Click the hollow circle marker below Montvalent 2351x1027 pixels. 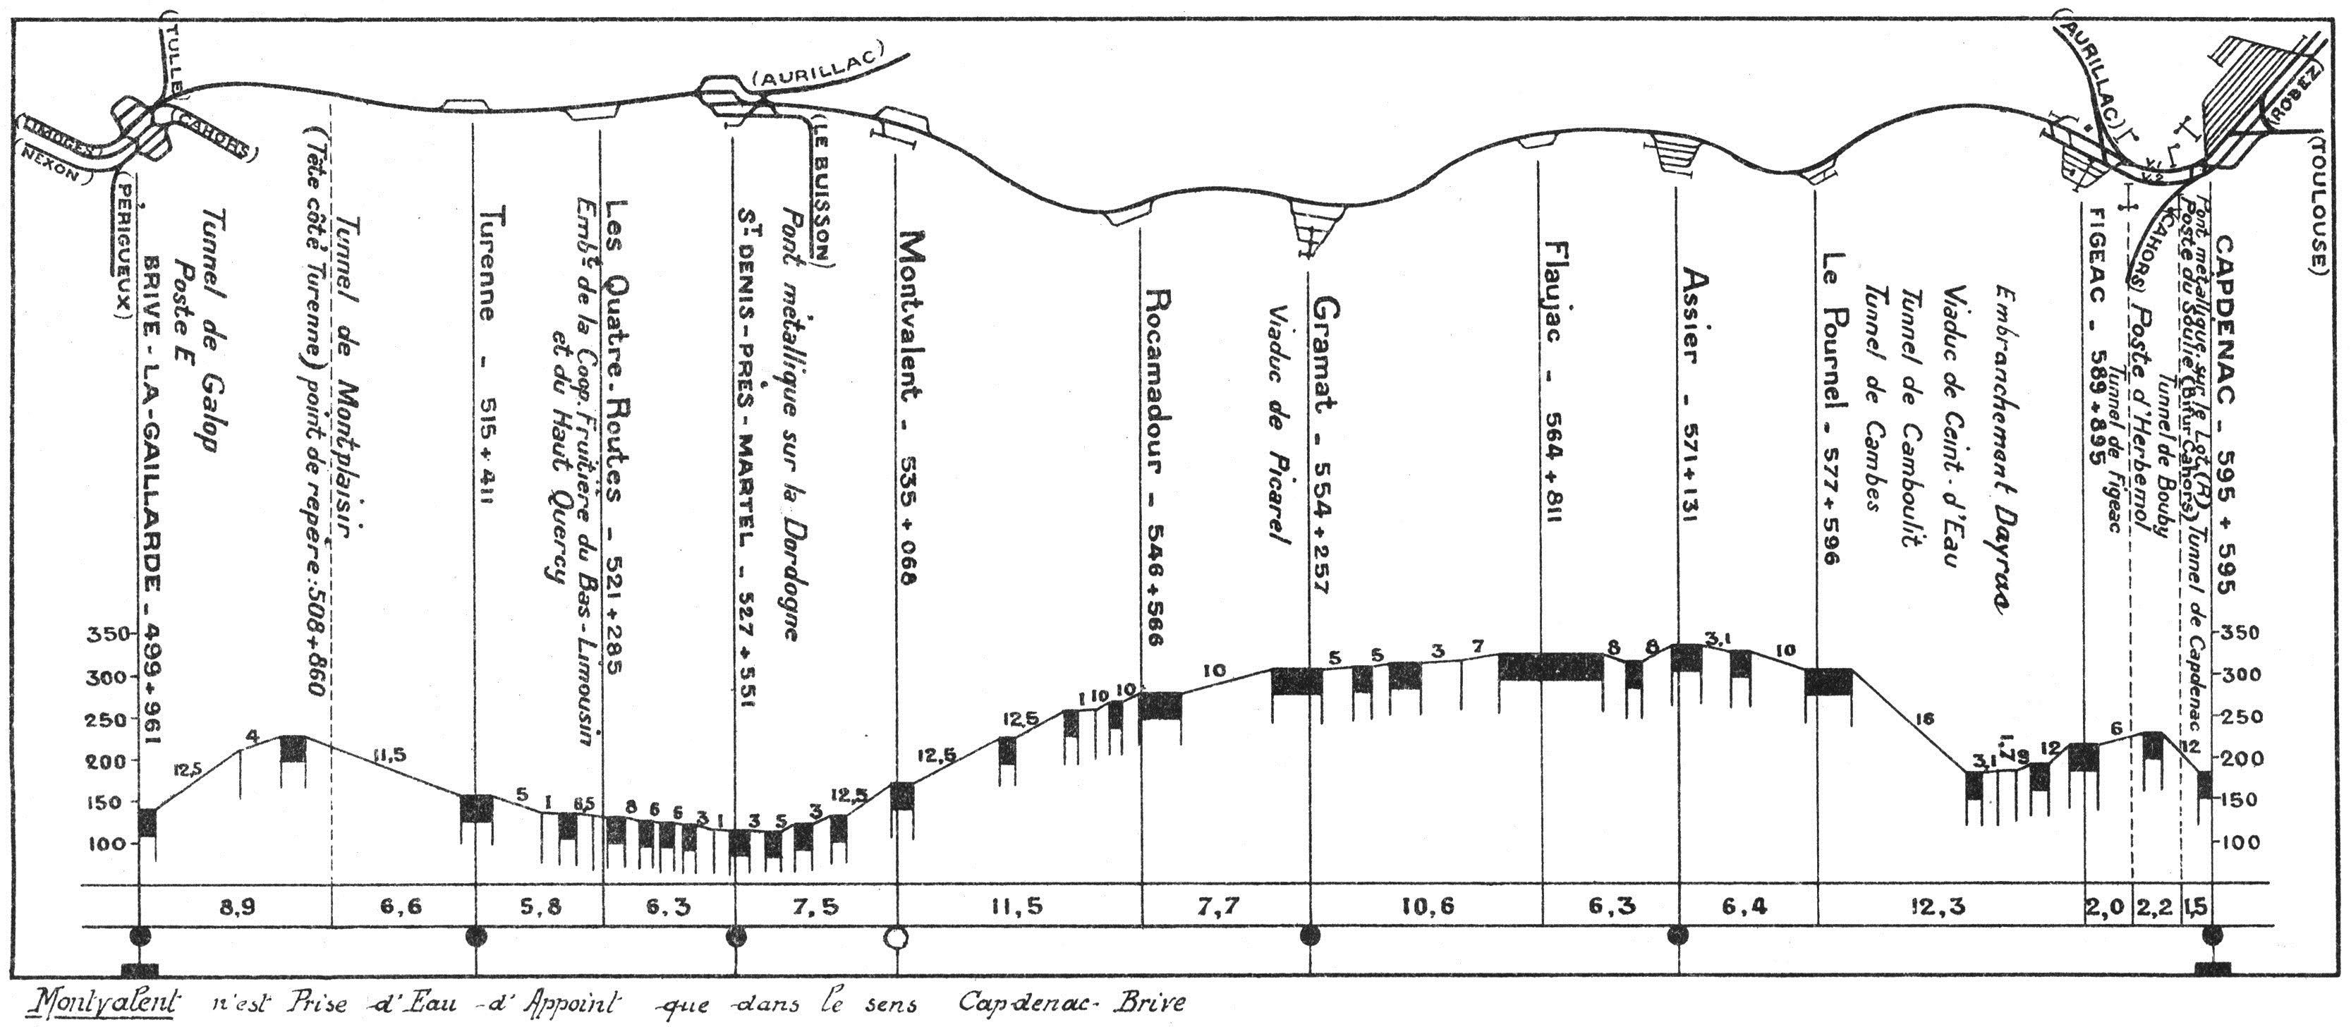point(897,937)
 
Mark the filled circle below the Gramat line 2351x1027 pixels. point(1310,936)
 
